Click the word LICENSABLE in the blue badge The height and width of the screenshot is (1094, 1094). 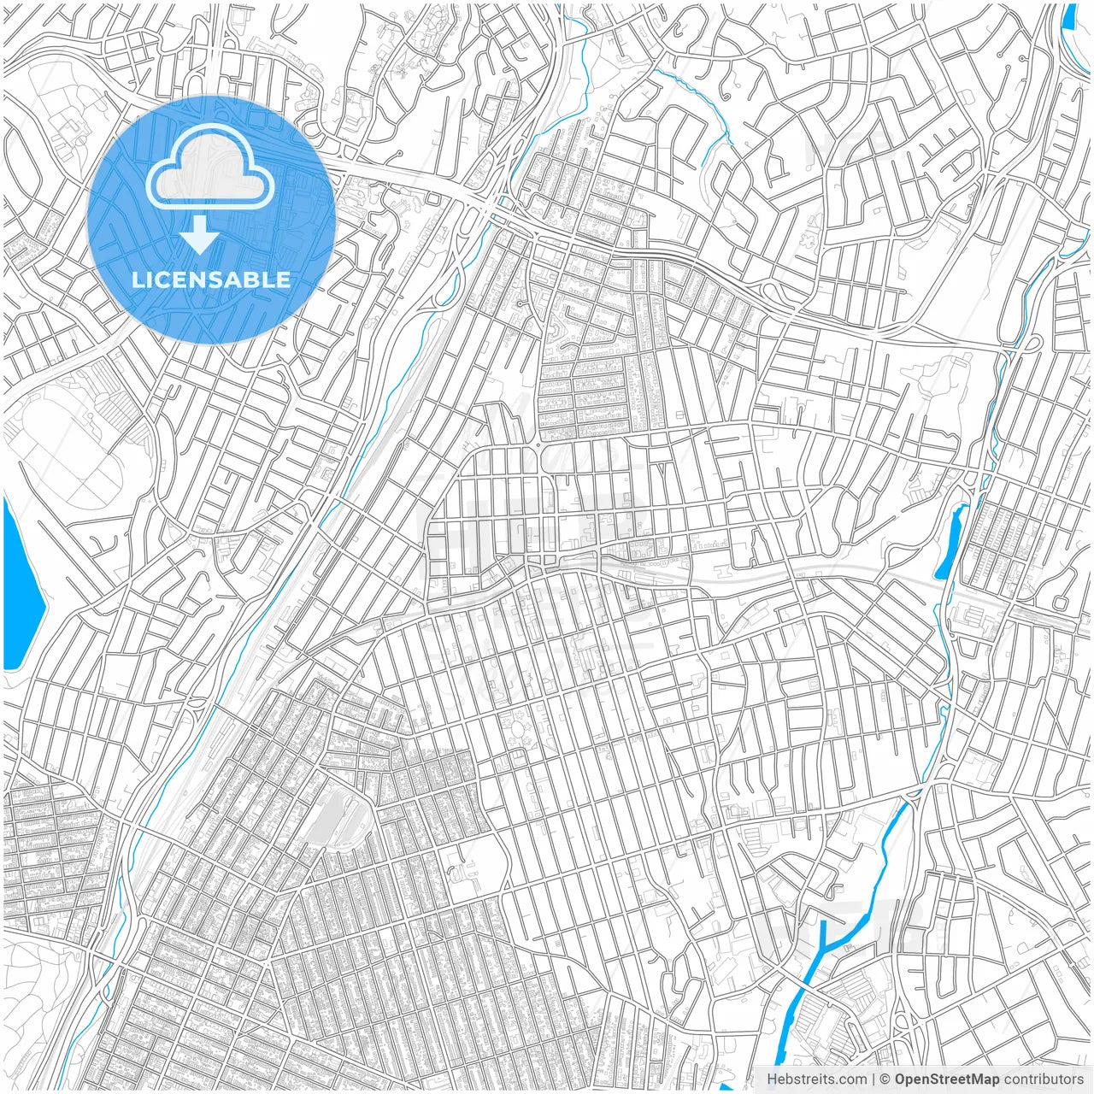click(x=210, y=279)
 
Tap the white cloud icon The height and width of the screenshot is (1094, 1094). click(x=210, y=169)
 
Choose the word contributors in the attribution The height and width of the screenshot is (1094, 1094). click(x=1044, y=1079)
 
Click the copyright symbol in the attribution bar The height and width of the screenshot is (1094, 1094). click(x=885, y=1079)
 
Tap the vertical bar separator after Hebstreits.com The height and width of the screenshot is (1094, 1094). click(x=873, y=1079)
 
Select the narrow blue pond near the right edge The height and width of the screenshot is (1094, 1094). click(x=951, y=543)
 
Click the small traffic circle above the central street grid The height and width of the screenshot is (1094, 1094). click(x=539, y=445)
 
